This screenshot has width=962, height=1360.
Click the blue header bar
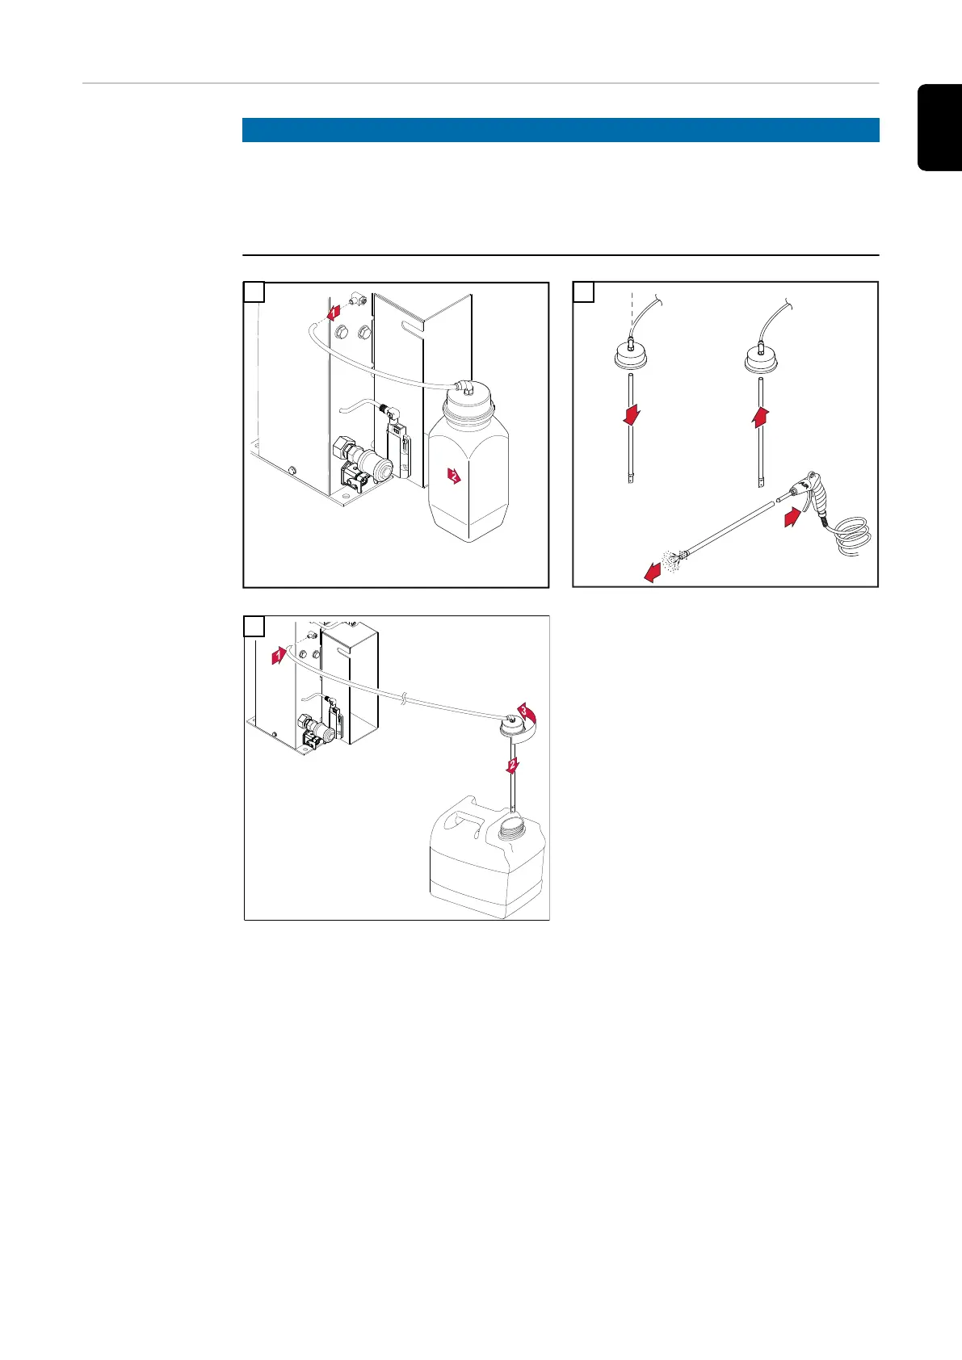point(561,130)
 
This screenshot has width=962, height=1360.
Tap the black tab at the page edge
point(939,128)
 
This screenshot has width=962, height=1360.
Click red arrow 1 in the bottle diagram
point(334,313)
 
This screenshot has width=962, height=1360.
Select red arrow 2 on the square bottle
point(454,476)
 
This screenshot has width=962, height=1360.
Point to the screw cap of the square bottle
point(468,401)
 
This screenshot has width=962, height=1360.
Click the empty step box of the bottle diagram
point(254,292)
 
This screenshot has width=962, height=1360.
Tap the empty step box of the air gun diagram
point(584,292)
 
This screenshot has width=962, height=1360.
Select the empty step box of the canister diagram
point(254,626)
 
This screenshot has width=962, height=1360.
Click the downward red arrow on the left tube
point(632,415)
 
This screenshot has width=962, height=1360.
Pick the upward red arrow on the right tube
point(761,417)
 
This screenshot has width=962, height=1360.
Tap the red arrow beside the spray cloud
point(653,572)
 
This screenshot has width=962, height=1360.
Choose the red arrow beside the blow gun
point(792,518)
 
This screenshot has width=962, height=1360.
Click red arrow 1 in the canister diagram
point(279,656)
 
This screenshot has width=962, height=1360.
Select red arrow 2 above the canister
point(513,766)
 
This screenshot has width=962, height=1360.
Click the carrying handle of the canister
point(464,821)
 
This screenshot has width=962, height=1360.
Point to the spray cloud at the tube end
point(671,561)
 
